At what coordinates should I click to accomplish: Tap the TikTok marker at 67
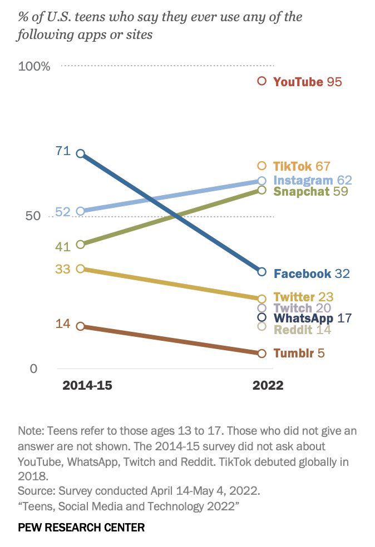click(x=262, y=166)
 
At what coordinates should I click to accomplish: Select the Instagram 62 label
click(x=312, y=181)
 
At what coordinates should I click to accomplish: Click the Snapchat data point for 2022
click(x=262, y=190)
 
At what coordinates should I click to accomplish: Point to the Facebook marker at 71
click(x=80, y=153)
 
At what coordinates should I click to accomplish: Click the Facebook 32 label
click(x=312, y=273)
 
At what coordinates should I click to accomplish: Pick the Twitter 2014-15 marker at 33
click(x=80, y=268)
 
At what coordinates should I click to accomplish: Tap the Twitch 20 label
click(x=302, y=308)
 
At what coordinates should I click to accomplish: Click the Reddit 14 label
click(x=302, y=329)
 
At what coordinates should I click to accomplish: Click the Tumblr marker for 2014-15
click(x=80, y=326)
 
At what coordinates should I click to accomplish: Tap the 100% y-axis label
click(x=34, y=67)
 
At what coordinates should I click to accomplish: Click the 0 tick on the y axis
click(x=33, y=369)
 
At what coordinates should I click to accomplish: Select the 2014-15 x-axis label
click(x=87, y=385)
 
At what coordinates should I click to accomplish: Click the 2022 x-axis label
click(x=268, y=385)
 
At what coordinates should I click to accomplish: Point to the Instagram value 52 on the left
click(x=62, y=212)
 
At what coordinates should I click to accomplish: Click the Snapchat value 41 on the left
click(x=62, y=246)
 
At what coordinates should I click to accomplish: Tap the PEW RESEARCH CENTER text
click(x=81, y=527)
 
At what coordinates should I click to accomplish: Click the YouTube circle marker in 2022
click(x=262, y=81)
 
